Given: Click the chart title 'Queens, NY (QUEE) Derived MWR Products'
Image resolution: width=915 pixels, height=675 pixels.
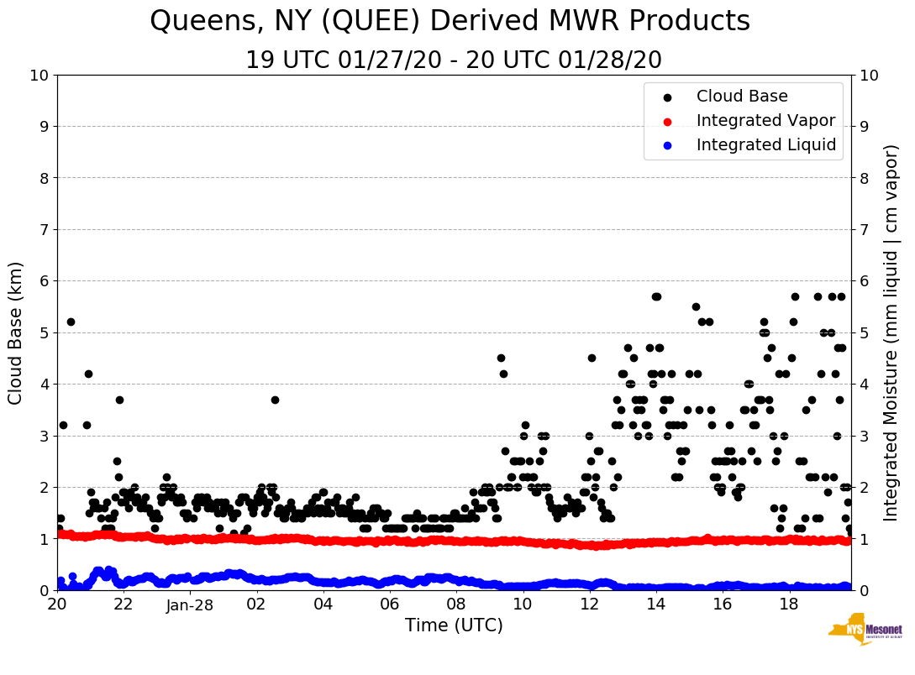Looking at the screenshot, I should click(x=450, y=21).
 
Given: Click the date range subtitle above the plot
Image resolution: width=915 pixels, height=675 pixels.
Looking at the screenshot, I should click(x=454, y=60).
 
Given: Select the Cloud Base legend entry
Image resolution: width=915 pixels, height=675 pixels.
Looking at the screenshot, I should click(x=741, y=97).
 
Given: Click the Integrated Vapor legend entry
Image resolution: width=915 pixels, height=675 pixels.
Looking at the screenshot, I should click(x=765, y=121).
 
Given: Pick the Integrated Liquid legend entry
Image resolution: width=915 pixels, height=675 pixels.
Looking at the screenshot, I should click(x=765, y=145).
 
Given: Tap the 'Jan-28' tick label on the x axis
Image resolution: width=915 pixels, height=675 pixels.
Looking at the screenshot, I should click(x=190, y=604).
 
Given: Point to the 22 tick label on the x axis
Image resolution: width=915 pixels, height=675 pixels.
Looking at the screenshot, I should click(x=124, y=604).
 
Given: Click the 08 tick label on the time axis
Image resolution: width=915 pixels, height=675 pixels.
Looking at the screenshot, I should click(x=456, y=604).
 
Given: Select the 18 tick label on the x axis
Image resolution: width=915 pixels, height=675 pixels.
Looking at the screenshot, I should click(x=789, y=604).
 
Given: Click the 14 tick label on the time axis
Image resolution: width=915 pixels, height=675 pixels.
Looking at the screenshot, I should click(x=656, y=604).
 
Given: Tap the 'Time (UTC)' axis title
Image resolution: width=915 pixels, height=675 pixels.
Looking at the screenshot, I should click(x=454, y=625).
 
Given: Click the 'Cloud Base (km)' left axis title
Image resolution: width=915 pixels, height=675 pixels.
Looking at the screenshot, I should click(x=16, y=332).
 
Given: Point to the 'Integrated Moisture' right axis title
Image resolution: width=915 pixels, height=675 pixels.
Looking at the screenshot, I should click(x=891, y=332).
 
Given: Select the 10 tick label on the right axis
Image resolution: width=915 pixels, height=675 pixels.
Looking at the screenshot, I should click(x=869, y=76).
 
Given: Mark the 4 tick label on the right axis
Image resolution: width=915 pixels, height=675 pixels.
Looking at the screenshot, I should click(x=865, y=385).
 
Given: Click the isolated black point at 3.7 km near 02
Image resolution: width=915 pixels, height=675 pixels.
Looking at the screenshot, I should click(x=275, y=400).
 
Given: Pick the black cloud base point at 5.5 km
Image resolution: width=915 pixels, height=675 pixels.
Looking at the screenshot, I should click(x=696, y=307).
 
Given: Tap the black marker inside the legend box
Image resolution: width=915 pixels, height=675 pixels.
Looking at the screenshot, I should click(x=666, y=97).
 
